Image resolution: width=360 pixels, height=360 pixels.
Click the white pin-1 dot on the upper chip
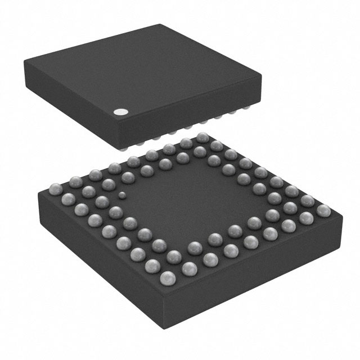click(x=119, y=112)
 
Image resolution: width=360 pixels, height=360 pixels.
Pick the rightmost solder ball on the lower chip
click(x=323, y=211)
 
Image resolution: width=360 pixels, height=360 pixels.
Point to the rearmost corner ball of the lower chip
click(x=203, y=137)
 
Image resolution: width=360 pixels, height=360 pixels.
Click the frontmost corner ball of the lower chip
click(x=168, y=277)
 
